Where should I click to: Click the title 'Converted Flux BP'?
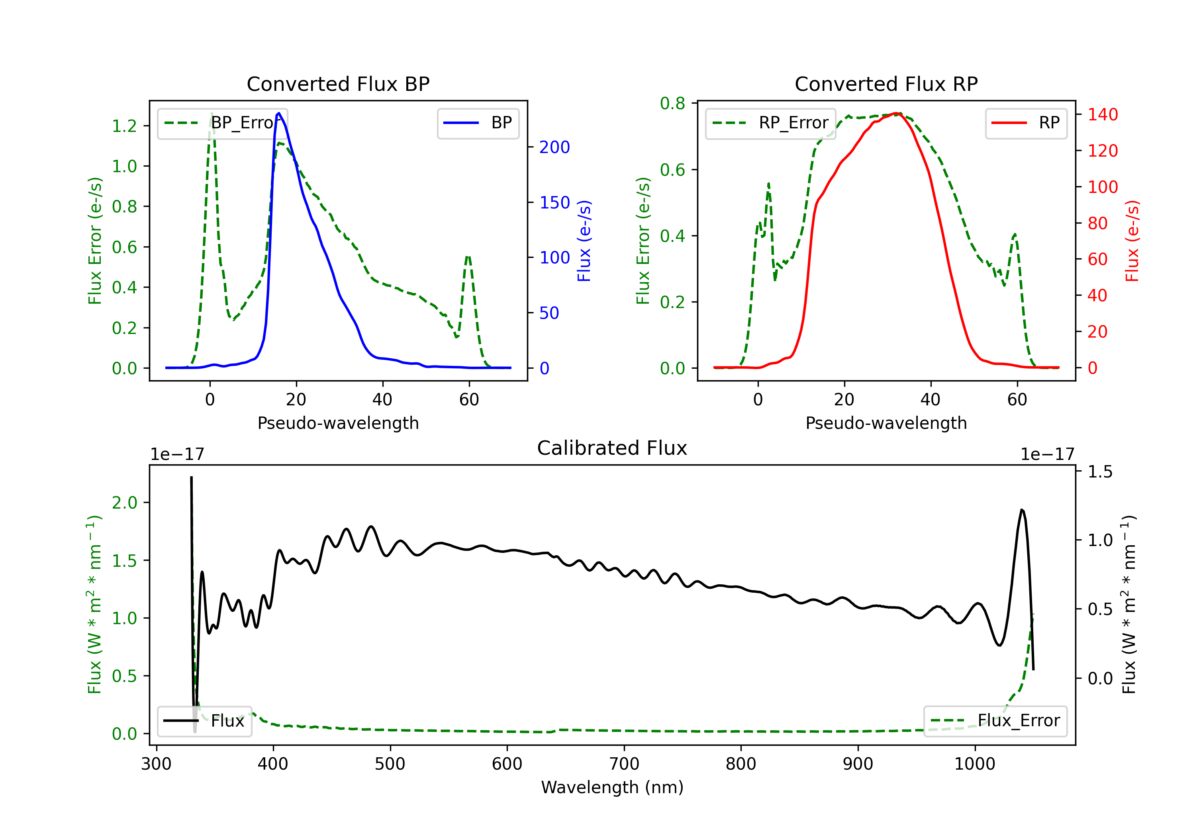pos(338,84)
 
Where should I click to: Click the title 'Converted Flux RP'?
pos(886,84)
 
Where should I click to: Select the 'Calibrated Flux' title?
pos(612,448)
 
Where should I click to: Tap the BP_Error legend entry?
pos(222,123)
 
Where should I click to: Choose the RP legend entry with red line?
pos(1025,123)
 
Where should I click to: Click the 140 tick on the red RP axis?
pos(1102,114)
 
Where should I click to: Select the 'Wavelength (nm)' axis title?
pos(612,787)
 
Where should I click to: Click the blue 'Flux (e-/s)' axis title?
pos(584,241)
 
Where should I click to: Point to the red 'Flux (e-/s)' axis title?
pos(1132,241)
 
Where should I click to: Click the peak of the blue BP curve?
pos(279,113)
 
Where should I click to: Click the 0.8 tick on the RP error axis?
pos(672,104)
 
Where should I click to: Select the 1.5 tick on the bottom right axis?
pos(1100,472)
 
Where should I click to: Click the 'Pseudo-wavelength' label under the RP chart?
pos(886,423)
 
